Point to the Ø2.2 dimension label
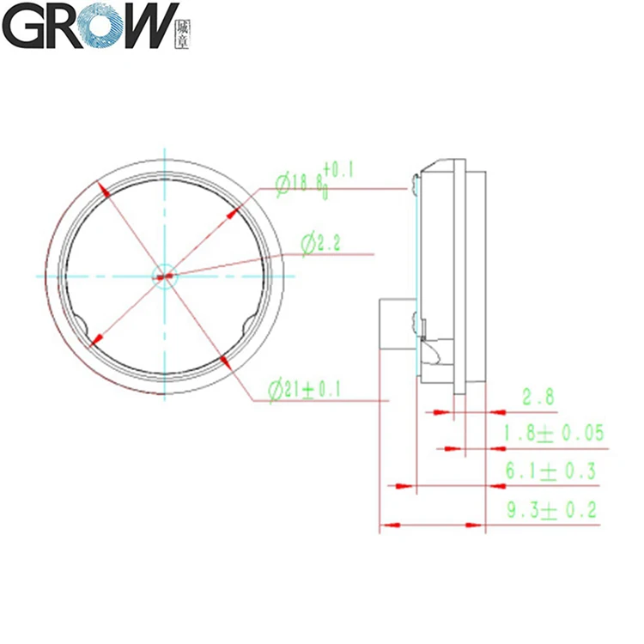[321, 245]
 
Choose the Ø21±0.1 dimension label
[305, 391]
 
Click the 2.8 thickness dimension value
[538, 397]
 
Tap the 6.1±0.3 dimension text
[550, 471]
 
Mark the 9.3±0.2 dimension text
[550, 509]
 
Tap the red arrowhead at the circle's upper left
[103, 191]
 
